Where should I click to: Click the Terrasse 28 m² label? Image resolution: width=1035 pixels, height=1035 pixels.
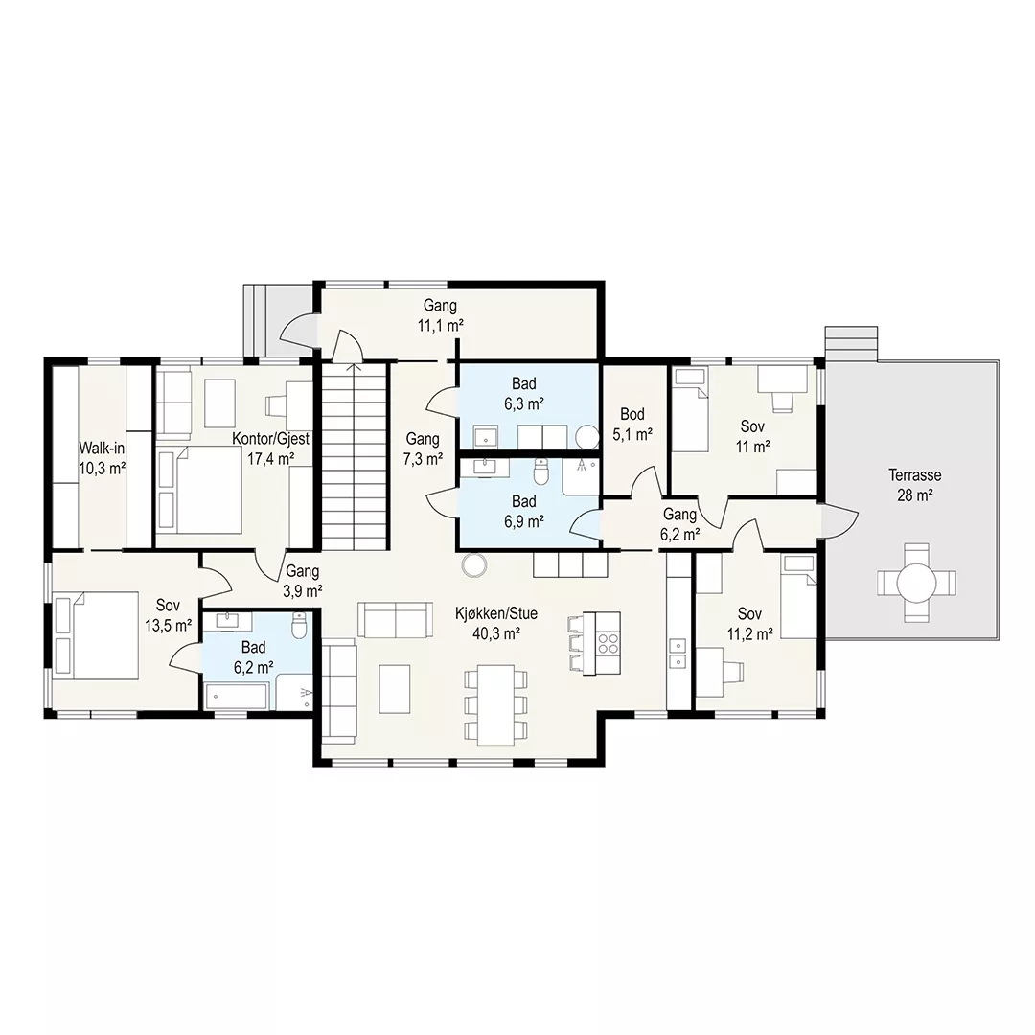(914, 485)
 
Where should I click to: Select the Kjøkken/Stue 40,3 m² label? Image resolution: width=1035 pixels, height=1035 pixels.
(496, 624)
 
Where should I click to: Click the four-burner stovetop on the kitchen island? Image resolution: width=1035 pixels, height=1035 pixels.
(608, 643)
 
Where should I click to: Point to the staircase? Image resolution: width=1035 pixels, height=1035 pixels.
(355, 455)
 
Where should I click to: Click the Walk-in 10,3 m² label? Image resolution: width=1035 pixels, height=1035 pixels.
(102, 458)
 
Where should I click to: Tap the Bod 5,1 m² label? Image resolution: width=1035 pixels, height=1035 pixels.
(632, 424)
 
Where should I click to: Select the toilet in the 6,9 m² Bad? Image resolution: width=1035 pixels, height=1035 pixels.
(541, 471)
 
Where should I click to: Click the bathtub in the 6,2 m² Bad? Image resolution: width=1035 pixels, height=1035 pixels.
(237, 697)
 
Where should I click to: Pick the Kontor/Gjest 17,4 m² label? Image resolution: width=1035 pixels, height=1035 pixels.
(270, 448)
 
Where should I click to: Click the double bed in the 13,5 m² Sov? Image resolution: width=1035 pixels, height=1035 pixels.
(97, 635)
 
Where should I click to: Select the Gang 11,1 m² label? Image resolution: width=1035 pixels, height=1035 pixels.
(440, 315)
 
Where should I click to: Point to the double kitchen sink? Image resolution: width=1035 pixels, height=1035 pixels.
(678, 653)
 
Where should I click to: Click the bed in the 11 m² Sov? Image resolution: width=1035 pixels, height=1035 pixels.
(690, 410)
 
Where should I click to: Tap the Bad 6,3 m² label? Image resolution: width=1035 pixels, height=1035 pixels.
(524, 394)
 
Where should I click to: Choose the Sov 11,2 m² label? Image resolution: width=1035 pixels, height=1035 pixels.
(749, 624)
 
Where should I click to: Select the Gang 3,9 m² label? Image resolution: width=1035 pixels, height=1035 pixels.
(302, 581)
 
